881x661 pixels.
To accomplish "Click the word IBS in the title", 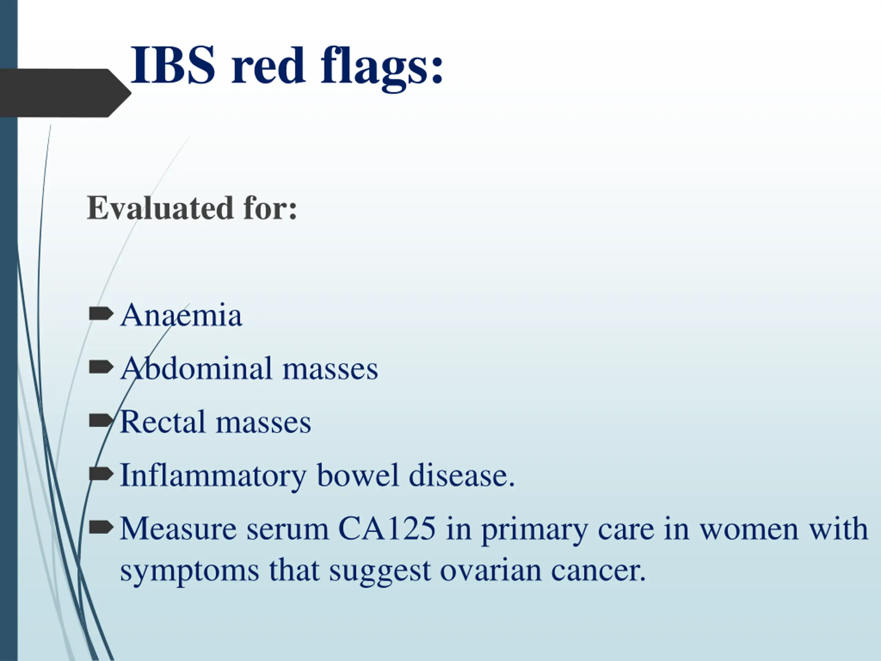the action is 173,65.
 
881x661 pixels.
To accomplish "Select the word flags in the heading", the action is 382,68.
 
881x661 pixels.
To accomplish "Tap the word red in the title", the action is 268,65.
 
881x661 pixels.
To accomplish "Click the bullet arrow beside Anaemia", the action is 101,314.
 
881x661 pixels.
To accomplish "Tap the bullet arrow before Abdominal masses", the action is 101,367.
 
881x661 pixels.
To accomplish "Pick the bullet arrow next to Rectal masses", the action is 101,420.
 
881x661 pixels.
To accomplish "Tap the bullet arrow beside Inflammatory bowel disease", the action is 101,474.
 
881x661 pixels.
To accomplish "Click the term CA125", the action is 387,528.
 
